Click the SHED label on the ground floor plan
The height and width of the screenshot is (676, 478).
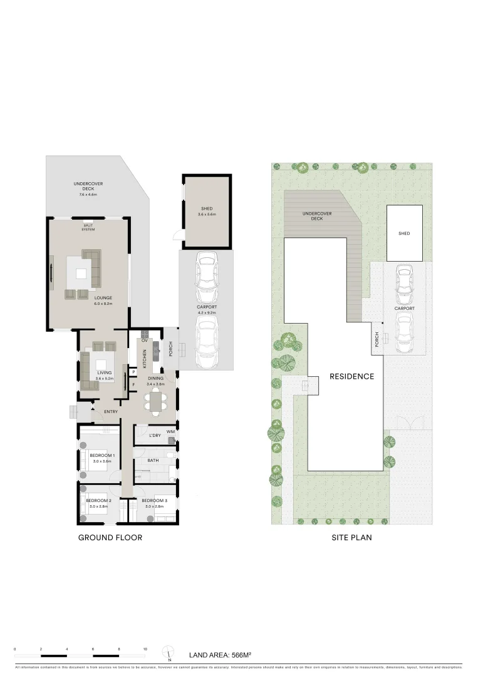click(207, 209)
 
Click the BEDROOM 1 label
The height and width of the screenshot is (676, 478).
click(100, 455)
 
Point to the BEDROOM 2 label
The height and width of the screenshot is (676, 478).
click(98, 501)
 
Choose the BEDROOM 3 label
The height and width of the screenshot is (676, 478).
click(154, 501)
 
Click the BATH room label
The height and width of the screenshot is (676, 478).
click(153, 460)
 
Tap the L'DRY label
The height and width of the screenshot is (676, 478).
click(155, 435)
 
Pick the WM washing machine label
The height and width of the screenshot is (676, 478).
click(170, 432)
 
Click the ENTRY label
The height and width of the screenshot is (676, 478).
click(111, 411)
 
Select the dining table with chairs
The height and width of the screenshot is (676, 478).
click(155, 401)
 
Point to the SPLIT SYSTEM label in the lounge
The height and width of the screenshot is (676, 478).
click(88, 228)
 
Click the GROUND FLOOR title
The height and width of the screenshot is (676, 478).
click(110, 538)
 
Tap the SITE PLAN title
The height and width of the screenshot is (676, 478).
click(351, 538)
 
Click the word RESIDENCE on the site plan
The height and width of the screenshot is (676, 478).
click(351, 377)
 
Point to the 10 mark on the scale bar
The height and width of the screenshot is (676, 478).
click(145, 650)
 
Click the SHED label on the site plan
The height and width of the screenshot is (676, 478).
click(404, 233)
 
